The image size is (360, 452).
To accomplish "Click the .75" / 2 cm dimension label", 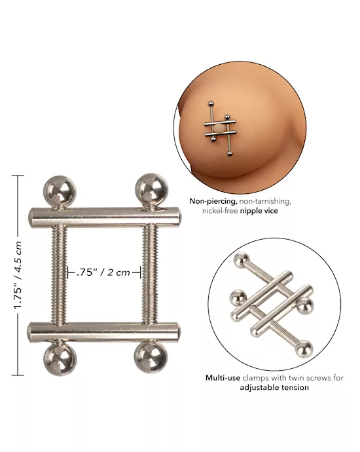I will click(x=104, y=273).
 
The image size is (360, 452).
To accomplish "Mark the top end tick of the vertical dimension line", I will click(x=17, y=176).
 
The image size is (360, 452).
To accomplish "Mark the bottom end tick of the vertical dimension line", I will click(x=17, y=376).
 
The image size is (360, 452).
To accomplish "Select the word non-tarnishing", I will click(x=265, y=202).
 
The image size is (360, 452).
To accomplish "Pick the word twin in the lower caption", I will click(x=281, y=378).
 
